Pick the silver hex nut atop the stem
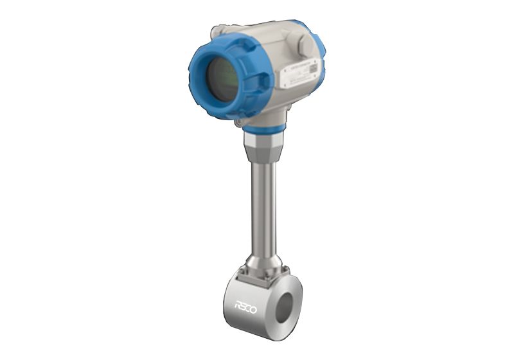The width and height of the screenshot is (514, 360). coord(262,146)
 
